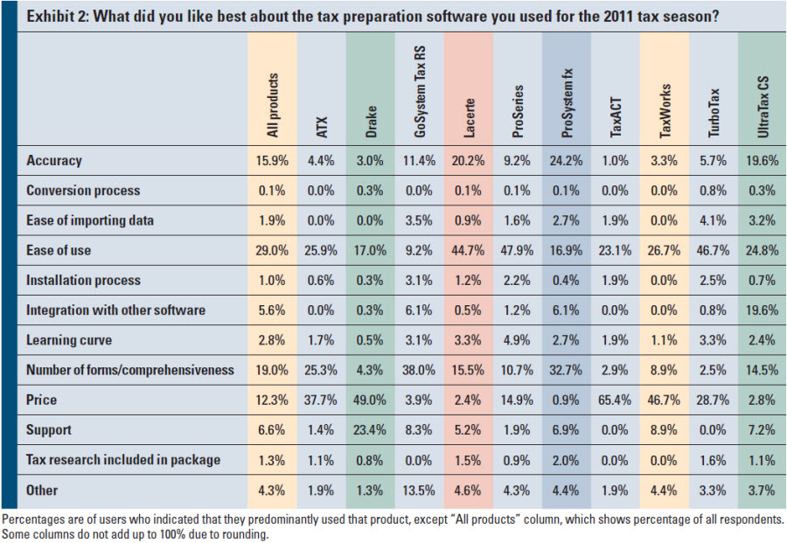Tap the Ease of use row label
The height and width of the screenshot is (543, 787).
[59, 251]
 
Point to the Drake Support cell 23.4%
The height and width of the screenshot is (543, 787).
[369, 430]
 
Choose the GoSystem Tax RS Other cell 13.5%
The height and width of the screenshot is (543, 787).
[418, 490]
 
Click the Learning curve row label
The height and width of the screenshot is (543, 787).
[68, 340]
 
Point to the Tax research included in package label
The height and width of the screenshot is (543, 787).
[122, 460]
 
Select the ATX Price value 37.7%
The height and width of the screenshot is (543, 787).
[320, 400]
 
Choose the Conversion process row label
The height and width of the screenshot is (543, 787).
[83, 191]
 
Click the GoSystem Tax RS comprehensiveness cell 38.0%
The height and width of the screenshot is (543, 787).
[418, 370]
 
